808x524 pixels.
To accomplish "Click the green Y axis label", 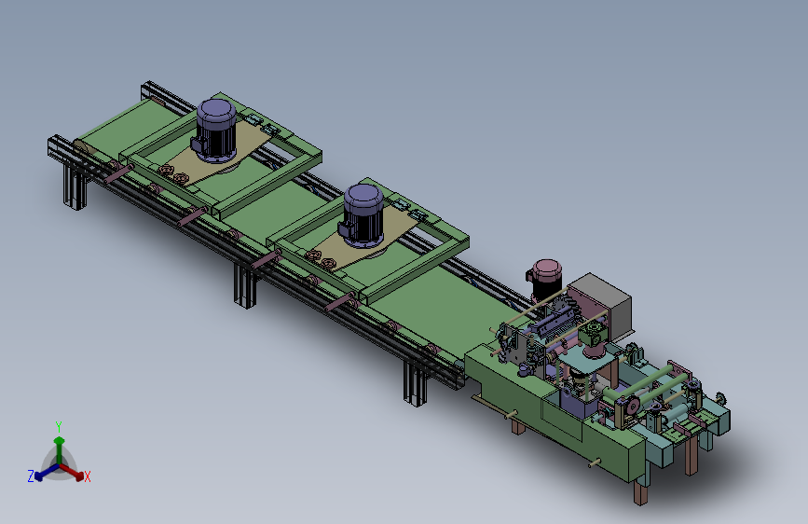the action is [59, 426].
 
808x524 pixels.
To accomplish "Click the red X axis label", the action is [87, 477].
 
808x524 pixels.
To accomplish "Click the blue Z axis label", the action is [31, 476].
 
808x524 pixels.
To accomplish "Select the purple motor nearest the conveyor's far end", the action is [214, 131].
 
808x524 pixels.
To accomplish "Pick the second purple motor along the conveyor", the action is [362, 214].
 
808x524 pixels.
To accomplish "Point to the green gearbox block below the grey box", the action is [593, 333].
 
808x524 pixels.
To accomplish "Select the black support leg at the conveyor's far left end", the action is [74, 185].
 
